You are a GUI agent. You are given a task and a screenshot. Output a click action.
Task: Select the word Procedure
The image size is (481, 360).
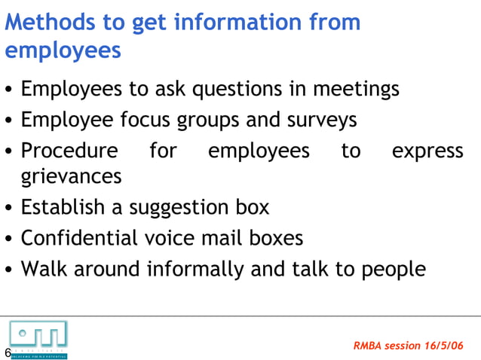coord(69,151)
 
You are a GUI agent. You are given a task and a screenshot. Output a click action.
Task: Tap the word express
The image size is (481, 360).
coord(427,151)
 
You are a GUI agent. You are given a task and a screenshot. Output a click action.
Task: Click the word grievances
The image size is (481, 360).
coord(71,177)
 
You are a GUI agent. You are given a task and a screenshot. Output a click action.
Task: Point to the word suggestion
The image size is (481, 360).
coord(181,207)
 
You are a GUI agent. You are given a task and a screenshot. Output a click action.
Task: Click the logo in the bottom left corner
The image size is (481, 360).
coord(38,338)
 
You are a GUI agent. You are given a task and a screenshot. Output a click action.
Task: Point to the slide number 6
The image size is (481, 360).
coord(8,352)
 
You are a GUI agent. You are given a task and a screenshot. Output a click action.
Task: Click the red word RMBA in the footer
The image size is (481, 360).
coord(368,346)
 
